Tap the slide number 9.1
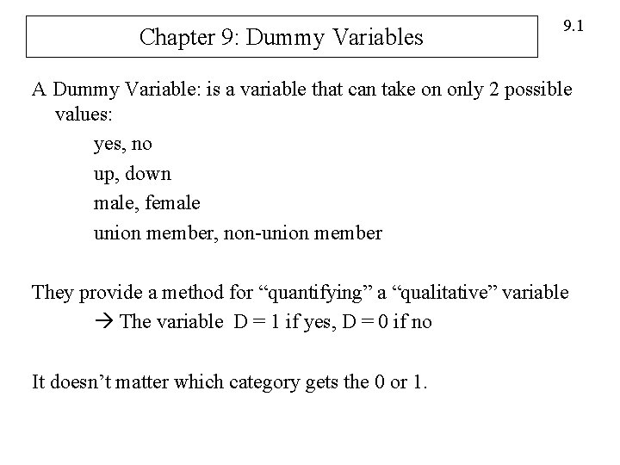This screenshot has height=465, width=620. click(x=573, y=28)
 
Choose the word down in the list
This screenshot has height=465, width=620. click(x=148, y=174)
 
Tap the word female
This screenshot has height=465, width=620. click(x=171, y=203)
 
